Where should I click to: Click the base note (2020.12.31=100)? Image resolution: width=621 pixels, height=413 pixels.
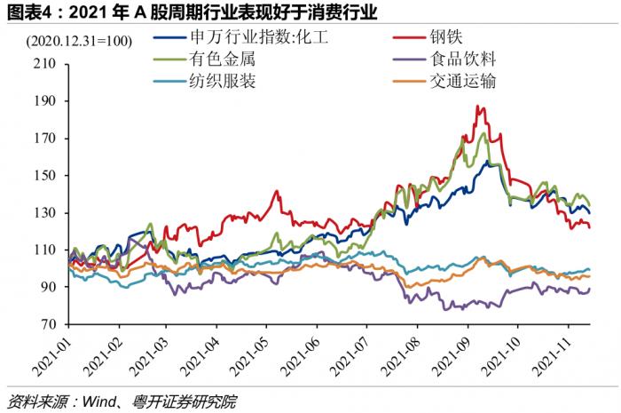pos(79,41)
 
